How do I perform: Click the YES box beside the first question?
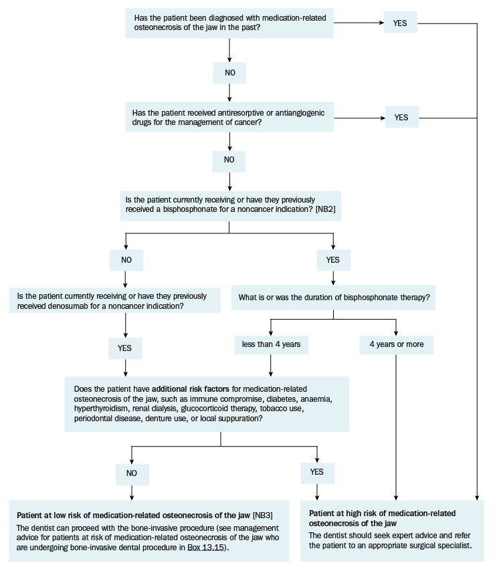400,22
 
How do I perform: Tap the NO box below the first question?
229,73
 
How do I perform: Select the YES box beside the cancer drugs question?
402,117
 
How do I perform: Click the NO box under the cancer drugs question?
229,160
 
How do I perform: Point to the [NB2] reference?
325,209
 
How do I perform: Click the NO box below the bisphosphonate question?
126,260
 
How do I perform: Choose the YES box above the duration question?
333,260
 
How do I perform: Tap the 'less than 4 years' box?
271,344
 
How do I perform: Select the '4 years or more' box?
397,344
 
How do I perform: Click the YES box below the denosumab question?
125,348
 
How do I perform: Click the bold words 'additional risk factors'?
191,389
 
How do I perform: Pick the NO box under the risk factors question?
132,473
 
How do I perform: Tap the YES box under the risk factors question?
317,472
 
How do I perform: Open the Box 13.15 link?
206,548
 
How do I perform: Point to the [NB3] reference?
262,515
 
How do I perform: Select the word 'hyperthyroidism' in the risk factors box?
101,409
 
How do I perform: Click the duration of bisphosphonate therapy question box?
333,298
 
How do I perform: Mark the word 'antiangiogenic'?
300,113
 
